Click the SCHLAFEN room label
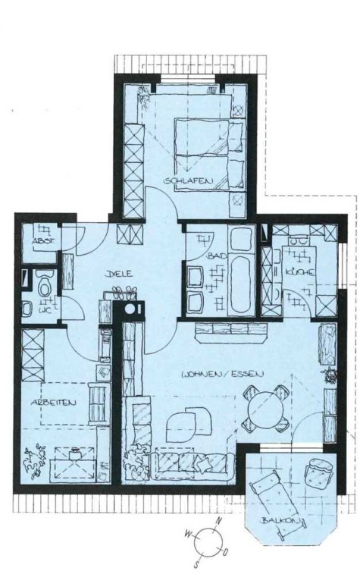pyautogui.click(x=189, y=180)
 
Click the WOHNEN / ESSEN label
pyautogui.click(x=223, y=374)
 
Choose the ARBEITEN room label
pyautogui.click(x=53, y=403)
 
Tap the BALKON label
pyautogui.click(x=280, y=521)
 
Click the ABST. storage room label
pyautogui.click(x=43, y=241)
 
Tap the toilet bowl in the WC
pyautogui.click(x=45, y=286)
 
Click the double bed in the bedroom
pyautogui.click(x=209, y=153)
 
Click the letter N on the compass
pyautogui.click(x=219, y=520)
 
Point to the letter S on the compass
pyautogui.click(x=197, y=563)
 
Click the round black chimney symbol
pyautogui.click(x=130, y=309)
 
